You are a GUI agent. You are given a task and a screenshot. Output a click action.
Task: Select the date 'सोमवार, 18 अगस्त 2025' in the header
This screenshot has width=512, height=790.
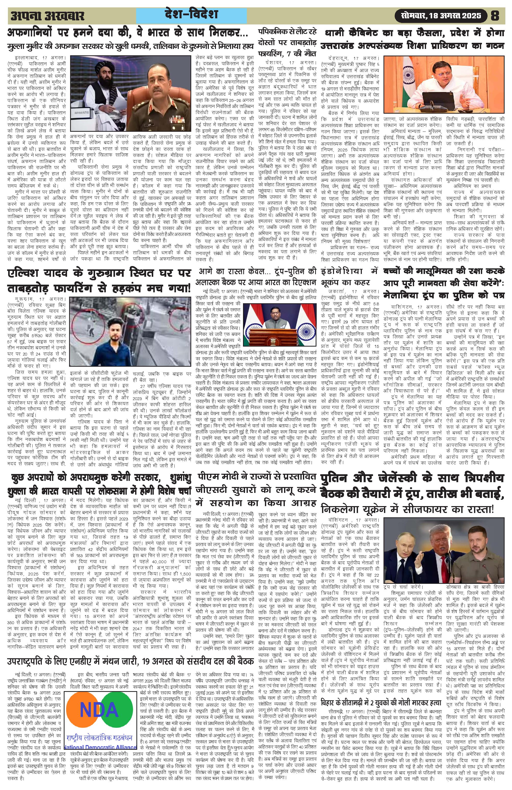coord(441,15)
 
